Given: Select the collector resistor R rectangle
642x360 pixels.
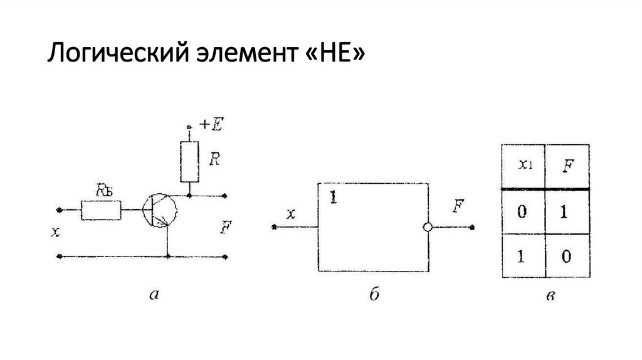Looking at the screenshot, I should click(x=188, y=161).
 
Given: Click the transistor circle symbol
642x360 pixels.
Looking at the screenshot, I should click(x=159, y=209).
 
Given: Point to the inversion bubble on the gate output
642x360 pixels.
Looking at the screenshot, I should click(x=428, y=227).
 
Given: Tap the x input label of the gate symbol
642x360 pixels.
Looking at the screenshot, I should click(x=290, y=214).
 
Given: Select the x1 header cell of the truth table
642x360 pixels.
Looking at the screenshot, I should click(x=523, y=166).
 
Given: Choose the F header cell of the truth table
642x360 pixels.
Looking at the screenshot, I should click(x=567, y=166).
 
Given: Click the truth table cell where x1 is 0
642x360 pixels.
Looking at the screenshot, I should click(x=523, y=211).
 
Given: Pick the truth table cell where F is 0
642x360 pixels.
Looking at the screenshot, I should click(x=567, y=257).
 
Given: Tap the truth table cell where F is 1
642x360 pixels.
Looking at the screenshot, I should click(x=567, y=211).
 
